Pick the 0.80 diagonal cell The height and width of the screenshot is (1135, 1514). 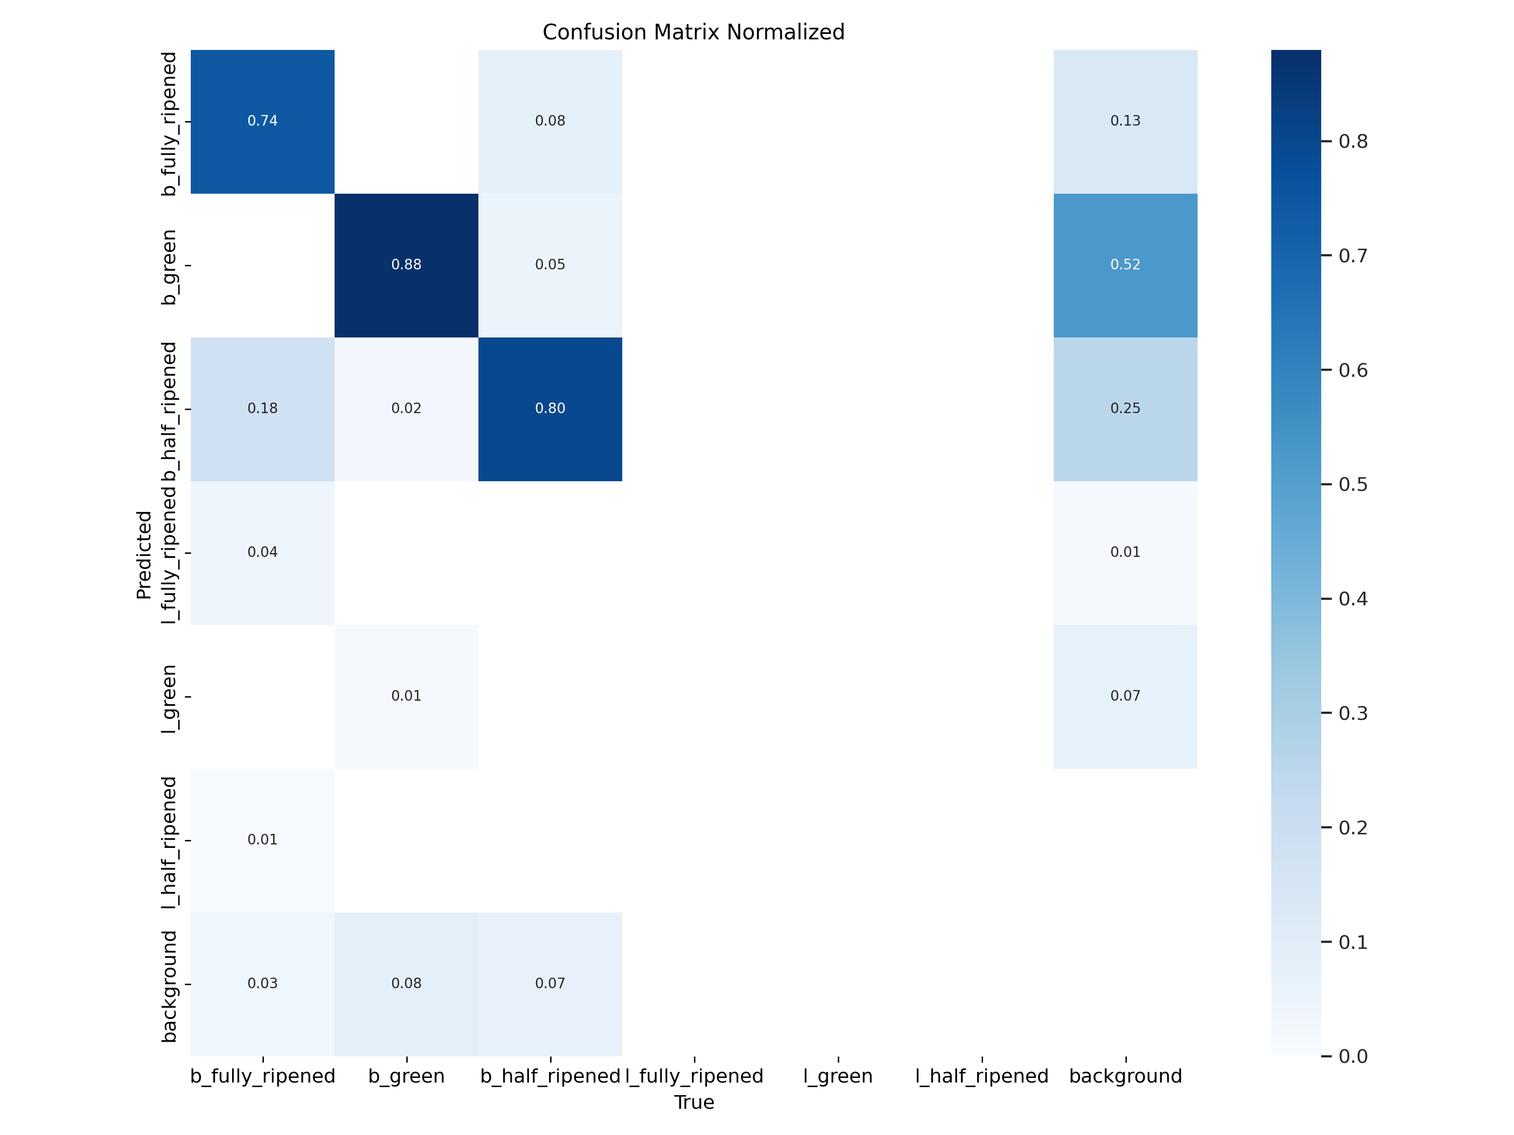550,409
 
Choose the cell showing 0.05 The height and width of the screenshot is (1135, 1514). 550,265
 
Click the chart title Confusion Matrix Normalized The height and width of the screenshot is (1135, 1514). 693,32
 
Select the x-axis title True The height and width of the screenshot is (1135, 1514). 693,1102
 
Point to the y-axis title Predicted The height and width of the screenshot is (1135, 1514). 144,554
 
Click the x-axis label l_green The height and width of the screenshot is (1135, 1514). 838,1076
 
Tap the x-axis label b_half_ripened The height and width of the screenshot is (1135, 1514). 550,1076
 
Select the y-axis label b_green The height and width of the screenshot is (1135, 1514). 169,267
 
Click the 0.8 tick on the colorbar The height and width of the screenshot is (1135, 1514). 1352,142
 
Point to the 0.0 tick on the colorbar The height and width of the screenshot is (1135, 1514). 1352,1056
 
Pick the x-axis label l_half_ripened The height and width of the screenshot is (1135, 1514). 982,1076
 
